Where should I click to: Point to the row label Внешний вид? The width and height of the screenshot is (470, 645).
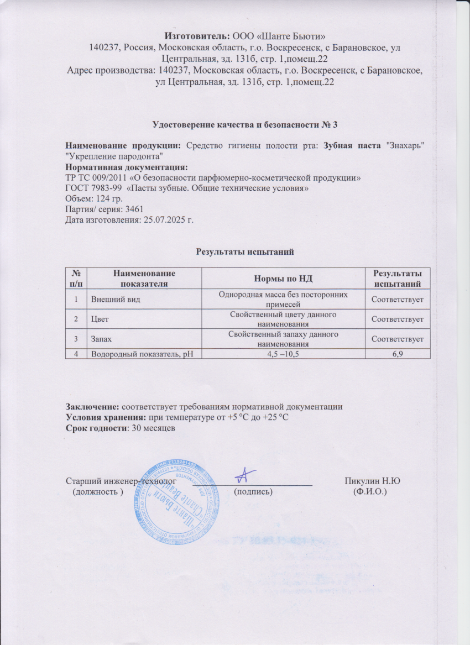[x=115, y=299]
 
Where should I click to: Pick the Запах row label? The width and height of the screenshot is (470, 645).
[x=103, y=338]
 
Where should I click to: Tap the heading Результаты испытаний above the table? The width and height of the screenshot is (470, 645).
[x=244, y=252]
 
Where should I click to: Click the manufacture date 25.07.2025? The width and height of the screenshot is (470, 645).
[x=163, y=219]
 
